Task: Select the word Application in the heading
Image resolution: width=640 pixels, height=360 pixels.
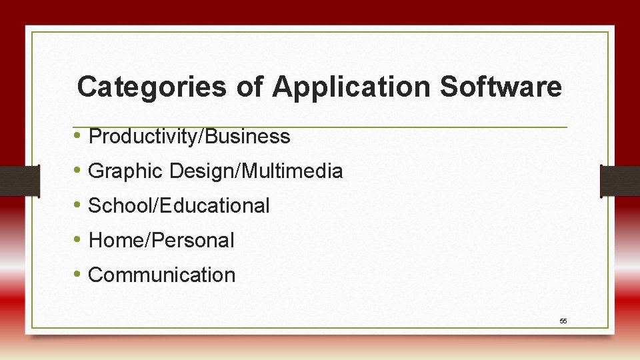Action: click(x=351, y=87)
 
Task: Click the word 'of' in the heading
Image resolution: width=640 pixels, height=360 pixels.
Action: click(x=249, y=87)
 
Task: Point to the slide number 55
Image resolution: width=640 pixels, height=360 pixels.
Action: click(x=563, y=321)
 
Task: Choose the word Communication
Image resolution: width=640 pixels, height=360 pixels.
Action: click(x=162, y=275)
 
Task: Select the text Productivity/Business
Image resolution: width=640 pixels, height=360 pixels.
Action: click(x=189, y=137)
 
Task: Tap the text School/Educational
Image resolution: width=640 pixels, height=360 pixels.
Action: click(x=179, y=206)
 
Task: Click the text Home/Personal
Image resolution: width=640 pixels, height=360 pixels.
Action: click(x=161, y=241)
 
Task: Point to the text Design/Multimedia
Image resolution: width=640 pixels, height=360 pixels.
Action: click(x=256, y=171)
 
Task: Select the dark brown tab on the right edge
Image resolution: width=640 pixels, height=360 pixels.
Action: click(x=620, y=181)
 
